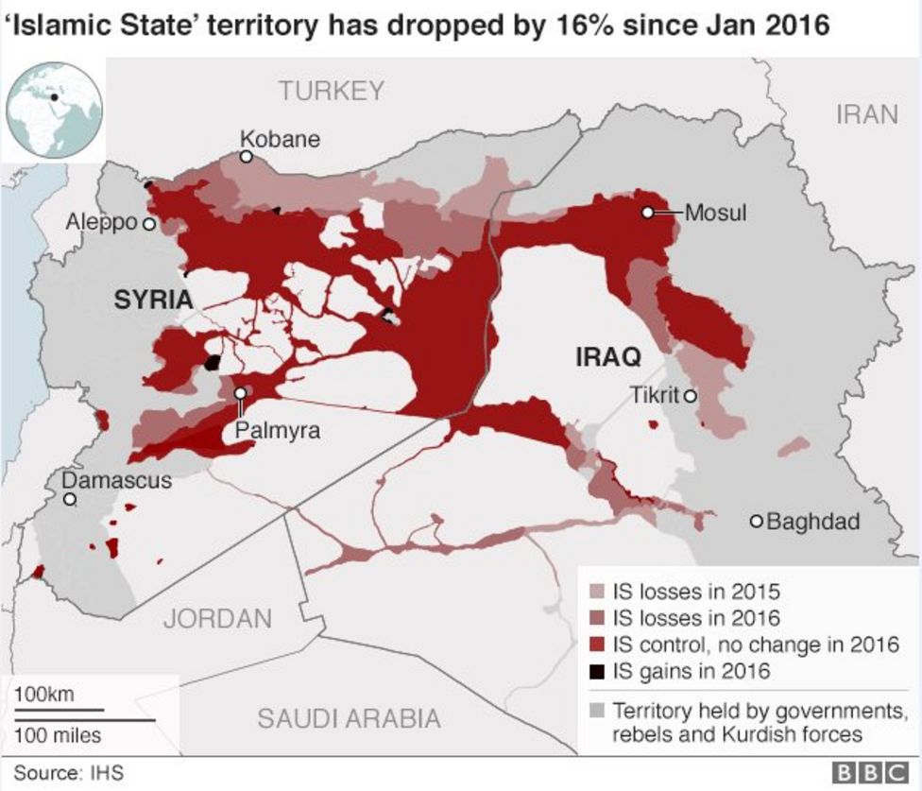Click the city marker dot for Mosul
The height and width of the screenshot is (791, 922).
coord(647,213)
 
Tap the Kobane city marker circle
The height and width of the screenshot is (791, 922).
coord(246,157)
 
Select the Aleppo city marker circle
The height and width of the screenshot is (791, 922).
coord(148,224)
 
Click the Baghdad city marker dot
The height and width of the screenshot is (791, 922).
coord(756,521)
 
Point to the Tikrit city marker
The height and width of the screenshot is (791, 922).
coord(691,395)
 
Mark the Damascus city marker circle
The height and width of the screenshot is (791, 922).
coord(69,498)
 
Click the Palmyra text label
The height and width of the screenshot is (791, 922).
coord(278,431)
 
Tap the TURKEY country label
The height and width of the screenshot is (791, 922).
coord(332,91)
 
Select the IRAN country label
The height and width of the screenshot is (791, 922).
coord(866,114)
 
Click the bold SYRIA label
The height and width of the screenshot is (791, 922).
coord(153,301)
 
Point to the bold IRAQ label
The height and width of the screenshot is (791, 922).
coord(608,357)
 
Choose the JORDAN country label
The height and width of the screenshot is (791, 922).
coord(217,620)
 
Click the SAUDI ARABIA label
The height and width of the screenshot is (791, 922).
coord(349,718)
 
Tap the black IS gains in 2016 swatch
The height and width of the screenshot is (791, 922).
coord(596,672)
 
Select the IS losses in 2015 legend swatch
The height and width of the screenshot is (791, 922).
coord(596,593)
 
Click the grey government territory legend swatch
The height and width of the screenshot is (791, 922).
coord(596,710)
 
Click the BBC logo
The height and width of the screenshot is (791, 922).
coord(868,773)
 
